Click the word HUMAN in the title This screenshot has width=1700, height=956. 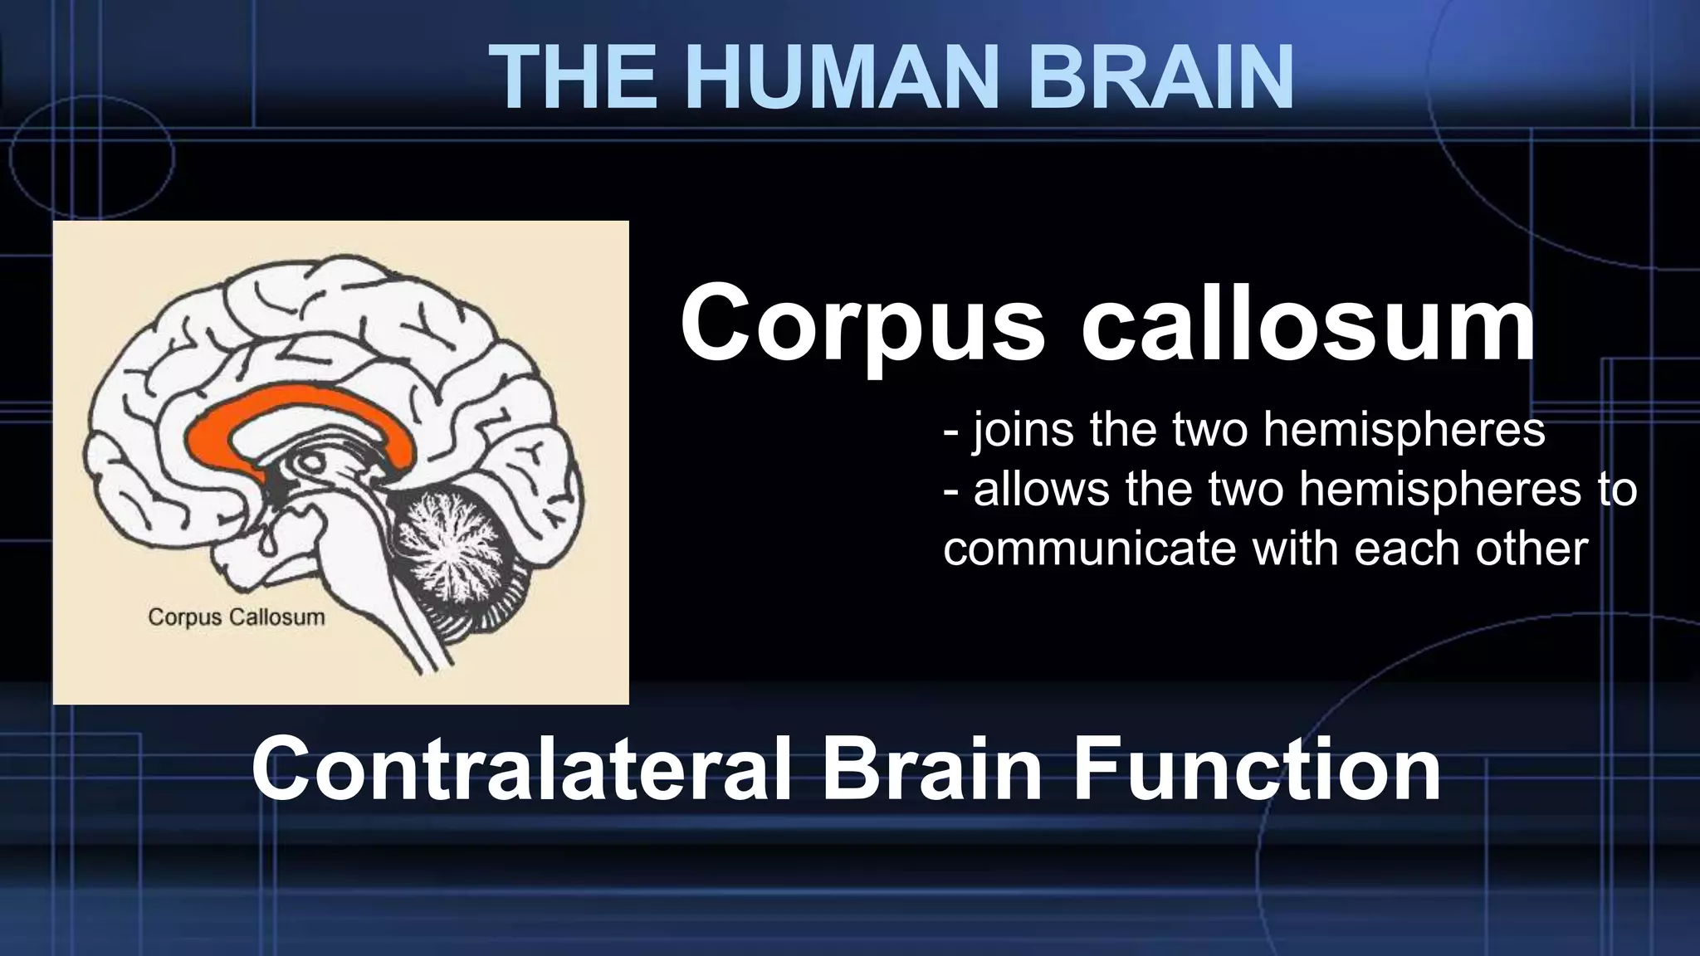click(x=829, y=76)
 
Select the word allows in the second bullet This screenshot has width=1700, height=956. click(x=1041, y=489)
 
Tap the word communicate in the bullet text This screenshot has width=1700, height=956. click(x=1088, y=549)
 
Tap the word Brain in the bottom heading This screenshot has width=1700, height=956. click(x=932, y=769)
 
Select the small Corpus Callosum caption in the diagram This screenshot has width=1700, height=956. click(x=236, y=617)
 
